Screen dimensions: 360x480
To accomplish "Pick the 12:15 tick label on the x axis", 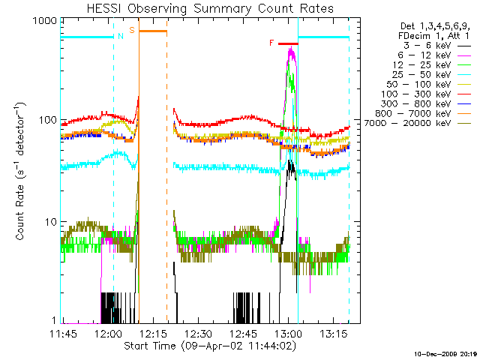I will pyautogui.click(x=154, y=333).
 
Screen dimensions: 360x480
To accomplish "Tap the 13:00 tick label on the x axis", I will pyautogui.click(x=287, y=333).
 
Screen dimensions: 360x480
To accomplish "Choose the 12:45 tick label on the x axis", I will pyautogui.click(x=243, y=333).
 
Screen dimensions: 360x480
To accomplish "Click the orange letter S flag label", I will pyautogui.click(x=132, y=30).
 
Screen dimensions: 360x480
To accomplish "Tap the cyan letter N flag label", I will pyautogui.click(x=120, y=36).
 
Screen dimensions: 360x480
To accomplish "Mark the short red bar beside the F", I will pyautogui.click(x=287, y=44).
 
